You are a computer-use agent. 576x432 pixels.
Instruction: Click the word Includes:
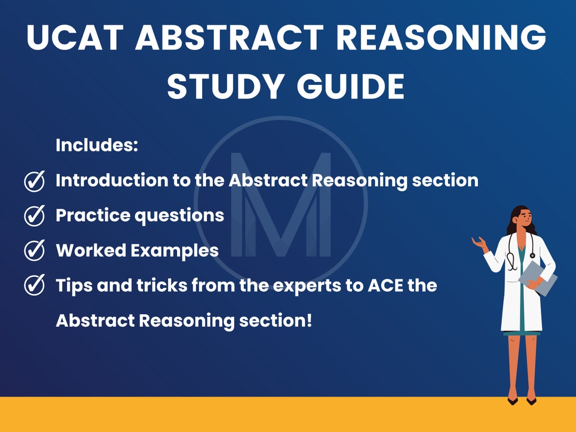(97, 146)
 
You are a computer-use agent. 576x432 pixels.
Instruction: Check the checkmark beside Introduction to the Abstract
(35, 181)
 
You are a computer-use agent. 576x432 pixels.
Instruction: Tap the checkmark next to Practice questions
(35, 216)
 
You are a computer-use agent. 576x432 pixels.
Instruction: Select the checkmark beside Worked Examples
(35, 251)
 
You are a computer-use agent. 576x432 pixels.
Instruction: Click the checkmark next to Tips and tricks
(35, 286)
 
